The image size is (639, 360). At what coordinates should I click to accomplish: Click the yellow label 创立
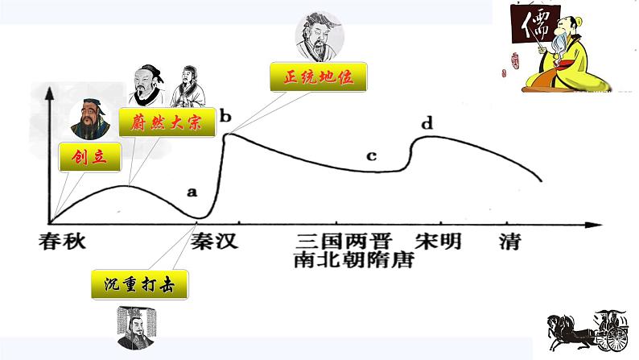coord(90,157)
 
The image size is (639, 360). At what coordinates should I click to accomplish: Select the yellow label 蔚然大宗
coord(167,122)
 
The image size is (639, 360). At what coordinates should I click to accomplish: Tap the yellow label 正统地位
coord(319,78)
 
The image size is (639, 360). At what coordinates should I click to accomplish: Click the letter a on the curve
coord(192,192)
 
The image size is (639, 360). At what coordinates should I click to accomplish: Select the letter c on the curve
coord(371,155)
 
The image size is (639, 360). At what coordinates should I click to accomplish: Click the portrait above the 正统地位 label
coord(317,34)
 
